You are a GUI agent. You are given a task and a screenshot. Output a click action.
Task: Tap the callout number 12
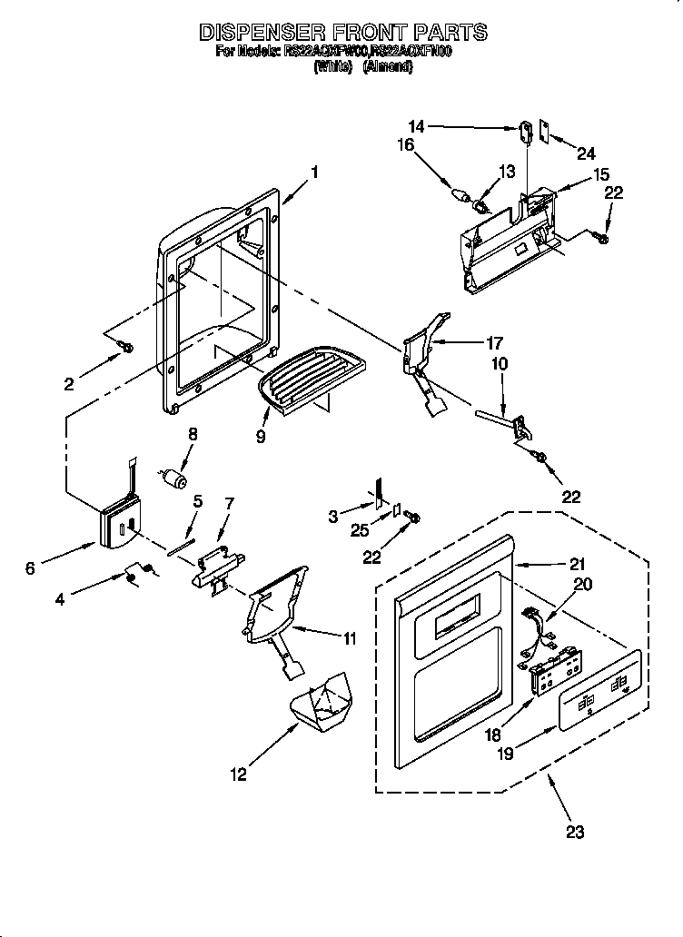(238, 774)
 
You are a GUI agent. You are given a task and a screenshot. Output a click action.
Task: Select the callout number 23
(575, 830)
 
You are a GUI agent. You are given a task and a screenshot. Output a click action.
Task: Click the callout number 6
(31, 568)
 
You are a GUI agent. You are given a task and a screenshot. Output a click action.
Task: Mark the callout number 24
(587, 153)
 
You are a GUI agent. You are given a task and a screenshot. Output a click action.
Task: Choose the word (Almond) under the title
(388, 67)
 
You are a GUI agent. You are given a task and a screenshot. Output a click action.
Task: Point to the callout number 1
(314, 170)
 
